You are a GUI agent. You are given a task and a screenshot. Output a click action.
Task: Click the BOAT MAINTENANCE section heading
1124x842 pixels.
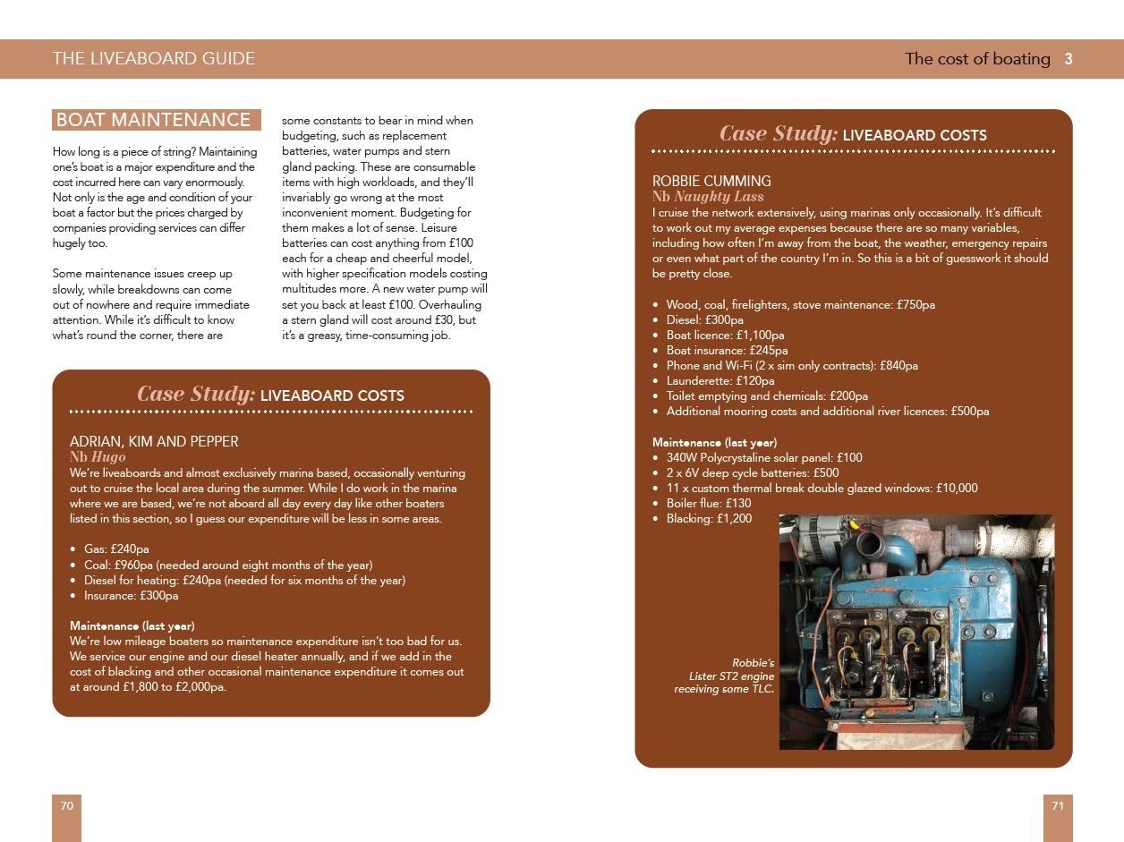click(x=156, y=120)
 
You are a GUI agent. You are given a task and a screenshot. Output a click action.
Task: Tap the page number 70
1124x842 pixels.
click(x=66, y=806)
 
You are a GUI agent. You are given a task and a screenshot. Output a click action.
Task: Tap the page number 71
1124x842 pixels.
click(x=1057, y=806)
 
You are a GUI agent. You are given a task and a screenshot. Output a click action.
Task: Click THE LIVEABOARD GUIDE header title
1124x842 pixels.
click(x=154, y=59)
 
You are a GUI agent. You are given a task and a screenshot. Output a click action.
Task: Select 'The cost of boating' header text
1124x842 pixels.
click(x=977, y=59)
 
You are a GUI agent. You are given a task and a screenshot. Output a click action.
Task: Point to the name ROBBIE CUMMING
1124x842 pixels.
click(x=711, y=182)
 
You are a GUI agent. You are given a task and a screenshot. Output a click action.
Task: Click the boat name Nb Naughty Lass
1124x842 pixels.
click(x=708, y=197)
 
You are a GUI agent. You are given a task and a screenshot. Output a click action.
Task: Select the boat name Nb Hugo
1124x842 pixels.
click(x=98, y=457)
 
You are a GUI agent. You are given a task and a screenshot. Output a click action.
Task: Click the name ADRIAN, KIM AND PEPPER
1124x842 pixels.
click(x=154, y=442)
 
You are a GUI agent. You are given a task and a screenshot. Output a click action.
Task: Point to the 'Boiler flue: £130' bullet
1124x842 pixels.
click(x=708, y=504)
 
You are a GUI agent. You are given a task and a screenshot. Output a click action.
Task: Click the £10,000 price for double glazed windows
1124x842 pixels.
click(x=957, y=489)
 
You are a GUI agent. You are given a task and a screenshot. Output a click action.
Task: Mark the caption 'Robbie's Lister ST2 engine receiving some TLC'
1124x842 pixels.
click(x=725, y=676)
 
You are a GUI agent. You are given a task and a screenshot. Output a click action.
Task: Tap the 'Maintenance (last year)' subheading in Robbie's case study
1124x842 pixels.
click(x=714, y=443)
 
